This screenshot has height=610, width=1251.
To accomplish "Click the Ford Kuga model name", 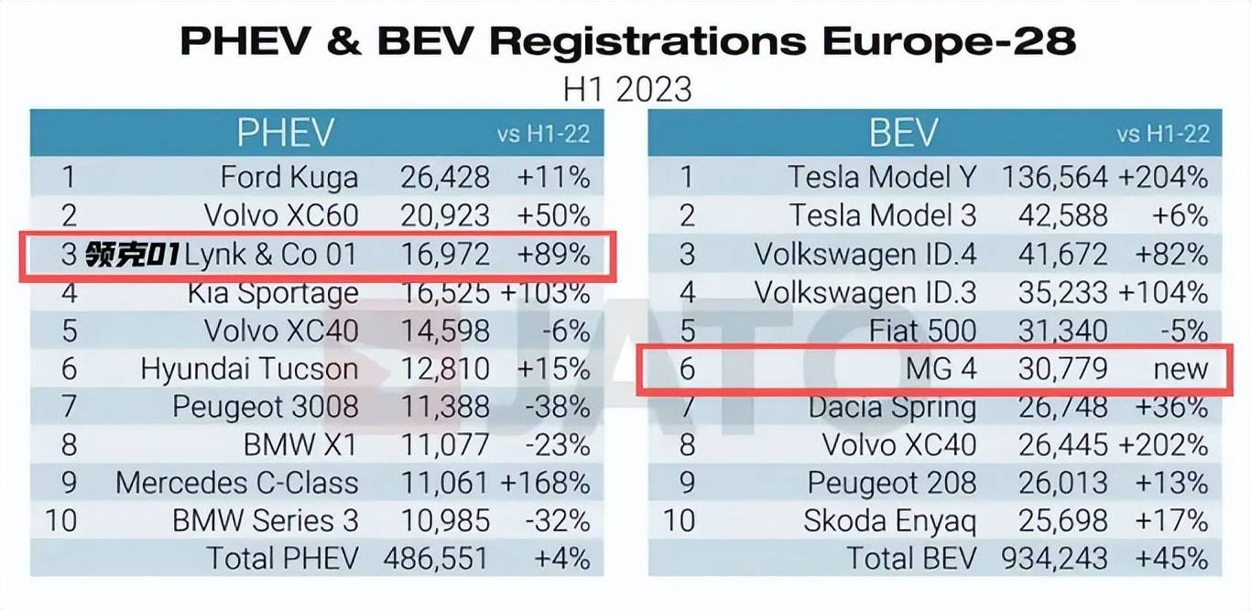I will tap(288, 177).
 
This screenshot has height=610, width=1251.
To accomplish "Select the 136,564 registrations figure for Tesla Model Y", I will tap(1054, 177).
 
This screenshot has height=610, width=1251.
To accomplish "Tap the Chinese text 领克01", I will tap(134, 255).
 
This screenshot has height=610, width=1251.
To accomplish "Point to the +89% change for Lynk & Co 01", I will tap(553, 254).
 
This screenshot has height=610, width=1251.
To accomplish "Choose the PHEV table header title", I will tap(285, 134).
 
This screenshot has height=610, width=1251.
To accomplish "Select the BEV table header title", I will tap(903, 134).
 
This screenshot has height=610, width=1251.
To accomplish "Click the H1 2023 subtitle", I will tap(626, 90).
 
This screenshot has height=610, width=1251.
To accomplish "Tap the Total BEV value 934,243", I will tap(1054, 558).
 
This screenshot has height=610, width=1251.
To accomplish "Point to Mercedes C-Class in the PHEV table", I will tap(236, 483).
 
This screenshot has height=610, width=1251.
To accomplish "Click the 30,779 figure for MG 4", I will tap(1062, 369).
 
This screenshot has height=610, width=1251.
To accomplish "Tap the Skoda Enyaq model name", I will tap(889, 521).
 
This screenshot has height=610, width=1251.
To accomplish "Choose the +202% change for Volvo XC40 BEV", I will tap(1162, 445).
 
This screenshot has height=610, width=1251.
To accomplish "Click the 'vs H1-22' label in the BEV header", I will tap(1163, 135).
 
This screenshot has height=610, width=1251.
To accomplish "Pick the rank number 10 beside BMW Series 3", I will tap(60, 520).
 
